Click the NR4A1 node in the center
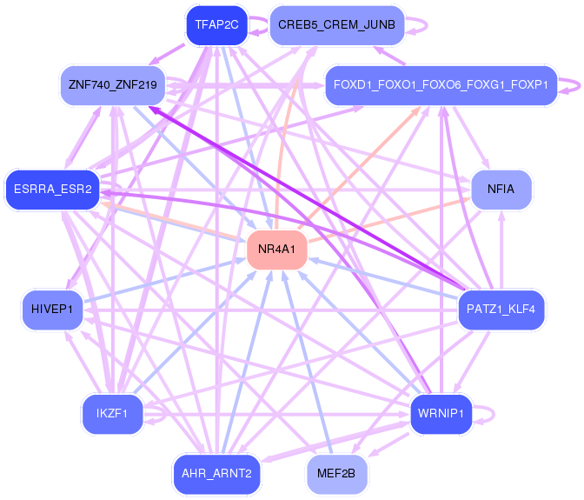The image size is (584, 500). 277,250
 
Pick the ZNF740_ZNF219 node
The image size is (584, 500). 112,85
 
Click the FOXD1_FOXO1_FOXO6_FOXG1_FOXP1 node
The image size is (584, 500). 441,85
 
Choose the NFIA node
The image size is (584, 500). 501,189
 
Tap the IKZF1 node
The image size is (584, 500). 112,413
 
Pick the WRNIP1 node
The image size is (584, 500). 441,413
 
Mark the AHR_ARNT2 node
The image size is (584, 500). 216,474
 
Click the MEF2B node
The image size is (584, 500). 336,474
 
